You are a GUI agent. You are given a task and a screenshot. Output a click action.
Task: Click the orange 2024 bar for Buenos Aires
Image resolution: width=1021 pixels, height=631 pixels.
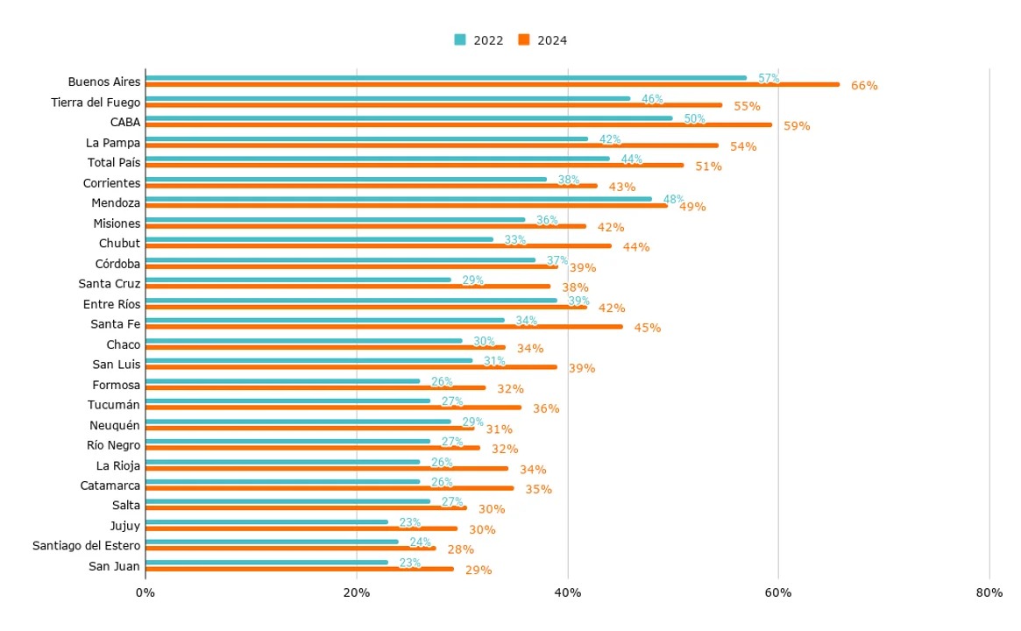[491, 85]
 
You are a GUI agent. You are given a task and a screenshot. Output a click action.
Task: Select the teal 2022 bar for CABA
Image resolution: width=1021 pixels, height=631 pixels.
[408, 117]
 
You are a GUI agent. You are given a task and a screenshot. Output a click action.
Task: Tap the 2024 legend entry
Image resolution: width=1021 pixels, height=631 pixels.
[542, 40]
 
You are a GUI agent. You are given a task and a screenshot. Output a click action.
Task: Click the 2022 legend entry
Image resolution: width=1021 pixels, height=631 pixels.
[479, 40]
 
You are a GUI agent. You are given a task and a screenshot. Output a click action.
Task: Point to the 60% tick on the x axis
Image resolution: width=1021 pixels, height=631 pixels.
[778, 593]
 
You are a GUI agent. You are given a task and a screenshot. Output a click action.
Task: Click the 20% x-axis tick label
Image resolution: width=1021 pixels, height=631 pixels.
[356, 593]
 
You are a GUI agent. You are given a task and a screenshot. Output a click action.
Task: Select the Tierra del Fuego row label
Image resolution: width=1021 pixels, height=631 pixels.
[96, 103]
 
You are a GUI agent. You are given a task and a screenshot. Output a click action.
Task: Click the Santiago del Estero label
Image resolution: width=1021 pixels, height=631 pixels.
[86, 546]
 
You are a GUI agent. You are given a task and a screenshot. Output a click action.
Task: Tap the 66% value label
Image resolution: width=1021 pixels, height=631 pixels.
[864, 86]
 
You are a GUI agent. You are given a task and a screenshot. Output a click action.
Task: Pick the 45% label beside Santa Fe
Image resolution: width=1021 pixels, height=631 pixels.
[648, 328]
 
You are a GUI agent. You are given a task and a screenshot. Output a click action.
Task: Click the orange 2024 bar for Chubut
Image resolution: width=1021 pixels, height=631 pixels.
[378, 246]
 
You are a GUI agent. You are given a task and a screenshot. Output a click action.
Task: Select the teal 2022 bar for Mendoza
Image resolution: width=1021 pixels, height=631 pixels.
[398, 198]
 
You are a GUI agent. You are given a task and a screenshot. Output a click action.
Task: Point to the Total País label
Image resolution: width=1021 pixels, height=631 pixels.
[114, 163]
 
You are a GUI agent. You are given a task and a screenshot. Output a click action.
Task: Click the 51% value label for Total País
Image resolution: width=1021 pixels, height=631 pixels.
[708, 167]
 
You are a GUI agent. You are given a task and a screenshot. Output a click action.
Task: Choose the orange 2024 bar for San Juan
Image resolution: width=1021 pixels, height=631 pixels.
[299, 569]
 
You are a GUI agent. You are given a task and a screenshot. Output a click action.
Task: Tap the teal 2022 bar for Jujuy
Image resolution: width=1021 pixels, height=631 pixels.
[266, 521]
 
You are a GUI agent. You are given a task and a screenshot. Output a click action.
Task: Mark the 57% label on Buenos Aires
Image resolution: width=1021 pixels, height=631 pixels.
[769, 79]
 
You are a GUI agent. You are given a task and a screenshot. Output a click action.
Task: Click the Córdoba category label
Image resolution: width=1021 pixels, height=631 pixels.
[117, 264]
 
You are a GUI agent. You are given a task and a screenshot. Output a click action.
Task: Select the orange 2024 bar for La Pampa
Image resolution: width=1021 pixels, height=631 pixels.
[431, 145]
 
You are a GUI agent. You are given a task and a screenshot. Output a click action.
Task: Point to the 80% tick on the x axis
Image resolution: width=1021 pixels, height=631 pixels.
[989, 593]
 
